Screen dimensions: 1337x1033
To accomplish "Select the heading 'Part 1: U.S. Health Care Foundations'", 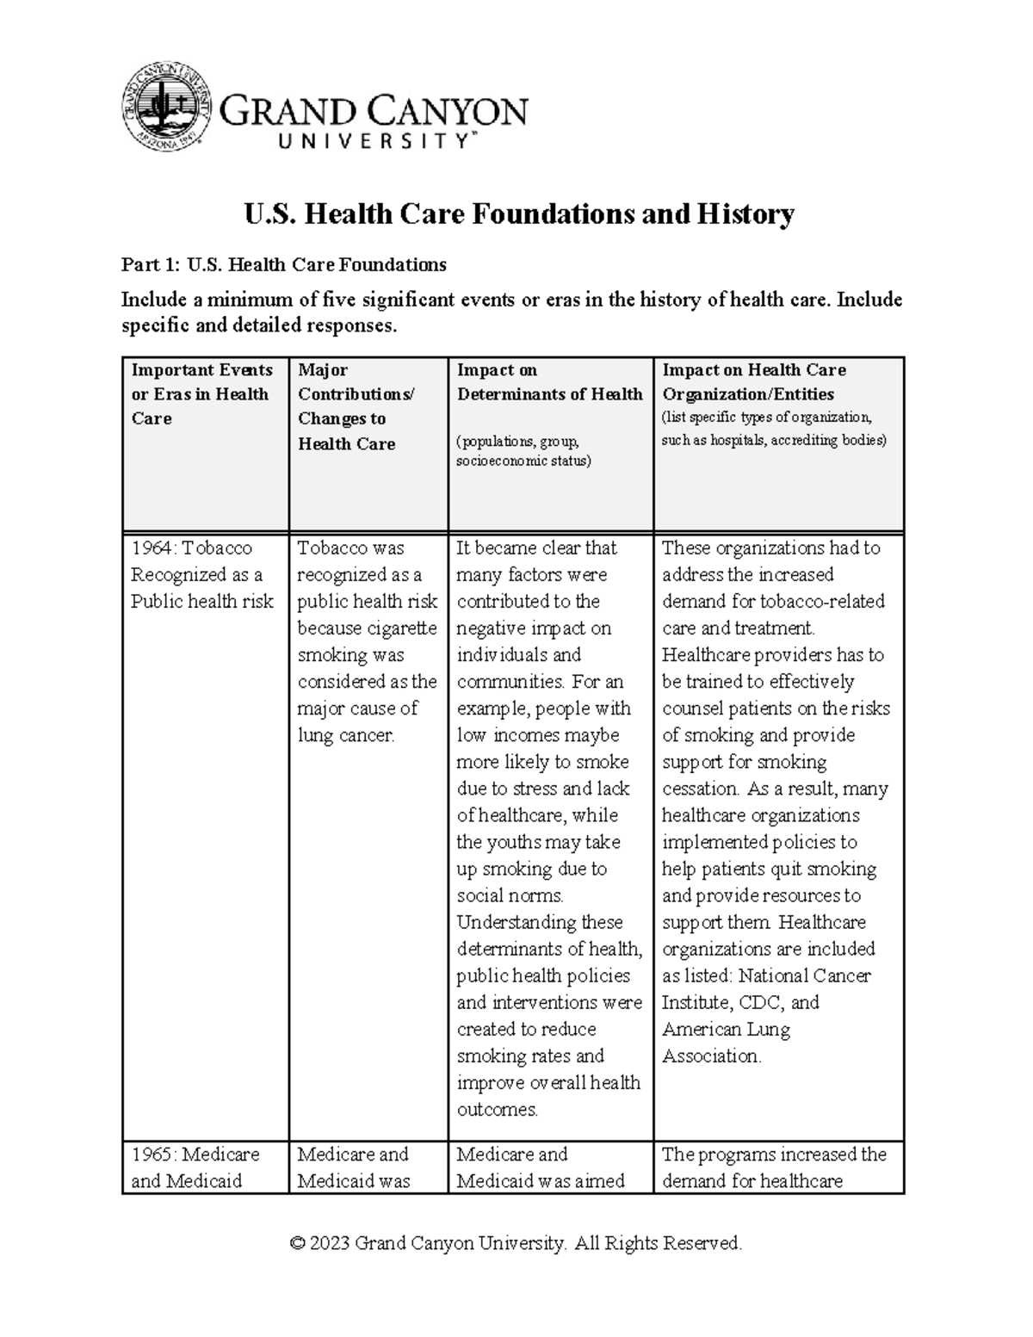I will (x=283, y=265).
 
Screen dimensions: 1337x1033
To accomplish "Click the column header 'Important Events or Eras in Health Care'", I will (x=201, y=394).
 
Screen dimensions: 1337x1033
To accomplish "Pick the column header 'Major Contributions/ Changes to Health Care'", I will (x=355, y=406).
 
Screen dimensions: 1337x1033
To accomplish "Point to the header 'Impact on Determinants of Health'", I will (x=549, y=382).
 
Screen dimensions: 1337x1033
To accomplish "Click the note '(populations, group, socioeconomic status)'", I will (x=523, y=451).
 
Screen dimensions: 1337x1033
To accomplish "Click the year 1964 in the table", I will (x=152, y=548).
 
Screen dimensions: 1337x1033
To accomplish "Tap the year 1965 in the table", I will (x=152, y=1154).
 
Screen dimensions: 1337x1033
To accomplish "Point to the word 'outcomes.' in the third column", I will (x=498, y=1110).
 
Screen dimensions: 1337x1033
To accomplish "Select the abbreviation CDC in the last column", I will (x=761, y=1003).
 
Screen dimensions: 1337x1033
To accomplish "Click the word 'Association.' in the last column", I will (x=711, y=1056).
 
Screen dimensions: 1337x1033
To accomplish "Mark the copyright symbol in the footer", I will (x=298, y=1244).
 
